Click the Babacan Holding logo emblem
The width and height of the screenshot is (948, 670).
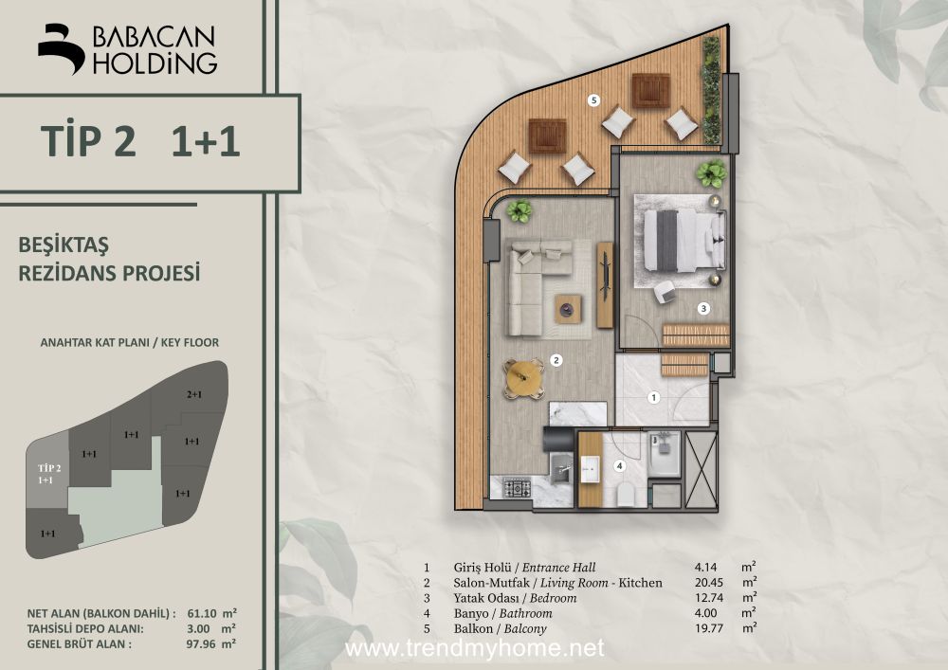tap(61, 48)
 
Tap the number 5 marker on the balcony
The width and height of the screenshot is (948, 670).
tap(594, 100)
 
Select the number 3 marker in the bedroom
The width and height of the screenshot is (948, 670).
tap(703, 309)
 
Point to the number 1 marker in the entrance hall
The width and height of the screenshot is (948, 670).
tap(653, 397)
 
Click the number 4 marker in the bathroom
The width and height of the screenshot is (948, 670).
tap(619, 466)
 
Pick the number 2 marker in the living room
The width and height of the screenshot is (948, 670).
tap(556, 361)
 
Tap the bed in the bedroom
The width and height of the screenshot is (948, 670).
tap(684, 241)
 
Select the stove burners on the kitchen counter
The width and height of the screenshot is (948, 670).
tap(517, 487)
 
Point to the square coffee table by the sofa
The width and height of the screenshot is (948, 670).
tap(568, 309)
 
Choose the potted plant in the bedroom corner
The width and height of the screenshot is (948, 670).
tap(710, 174)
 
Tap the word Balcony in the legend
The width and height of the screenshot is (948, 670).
tap(525, 629)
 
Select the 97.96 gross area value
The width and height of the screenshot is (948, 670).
tap(201, 644)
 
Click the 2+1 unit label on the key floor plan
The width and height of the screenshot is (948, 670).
tap(194, 394)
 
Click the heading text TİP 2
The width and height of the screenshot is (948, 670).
tap(88, 141)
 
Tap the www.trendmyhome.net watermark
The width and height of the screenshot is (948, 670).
tap(474, 648)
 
